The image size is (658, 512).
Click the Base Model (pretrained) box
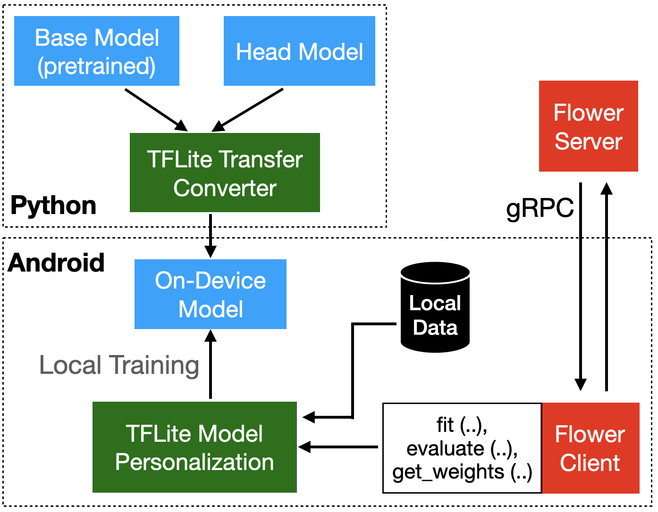(x=97, y=51)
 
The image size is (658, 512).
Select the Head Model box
(x=299, y=51)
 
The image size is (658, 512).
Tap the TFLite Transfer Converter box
(x=225, y=173)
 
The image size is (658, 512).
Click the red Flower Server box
(x=588, y=126)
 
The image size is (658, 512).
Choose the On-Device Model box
(x=211, y=294)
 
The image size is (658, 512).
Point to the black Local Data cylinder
(x=435, y=307)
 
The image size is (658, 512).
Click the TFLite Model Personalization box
(x=194, y=447)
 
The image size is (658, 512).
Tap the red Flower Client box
(x=591, y=448)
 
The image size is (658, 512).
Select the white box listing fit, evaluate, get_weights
(x=462, y=448)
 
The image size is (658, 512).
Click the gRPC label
(x=540, y=208)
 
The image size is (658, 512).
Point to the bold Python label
(x=53, y=206)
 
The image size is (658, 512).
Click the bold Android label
(x=56, y=263)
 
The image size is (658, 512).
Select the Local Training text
(x=119, y=366)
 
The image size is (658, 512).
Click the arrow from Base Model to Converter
(x=156, y=110)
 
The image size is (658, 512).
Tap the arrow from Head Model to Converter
(x=247, y=110)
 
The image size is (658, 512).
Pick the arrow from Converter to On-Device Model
(x=211, y=236)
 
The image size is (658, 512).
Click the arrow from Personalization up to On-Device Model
(x=211, y=364)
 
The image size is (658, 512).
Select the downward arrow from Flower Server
(x=581, y=287)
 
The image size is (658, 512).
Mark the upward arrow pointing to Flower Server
(x=607, y=287)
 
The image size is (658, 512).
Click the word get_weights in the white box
(x=448, y=472)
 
